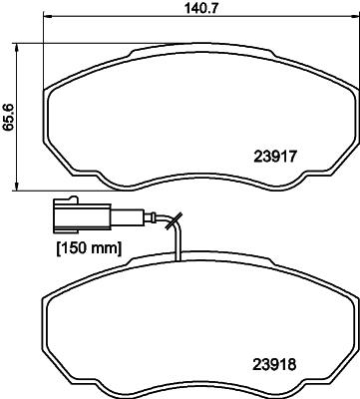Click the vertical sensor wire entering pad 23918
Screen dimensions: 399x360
[x=177, y=249]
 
